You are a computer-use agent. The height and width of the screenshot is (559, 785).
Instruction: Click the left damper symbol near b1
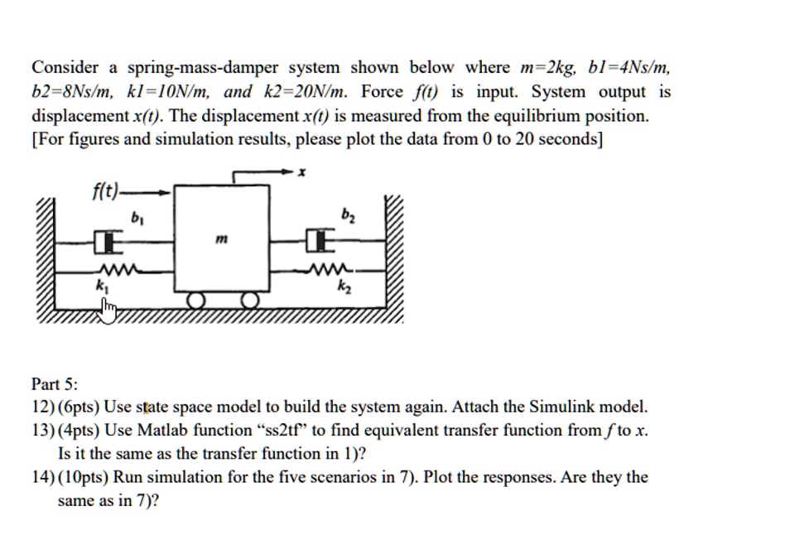click(104, 242)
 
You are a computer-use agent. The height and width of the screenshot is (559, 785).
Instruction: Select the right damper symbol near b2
click(318, 242)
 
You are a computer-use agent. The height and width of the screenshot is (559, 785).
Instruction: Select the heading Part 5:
click(55, 383)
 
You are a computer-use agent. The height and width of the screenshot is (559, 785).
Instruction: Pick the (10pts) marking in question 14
click(84, 478)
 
